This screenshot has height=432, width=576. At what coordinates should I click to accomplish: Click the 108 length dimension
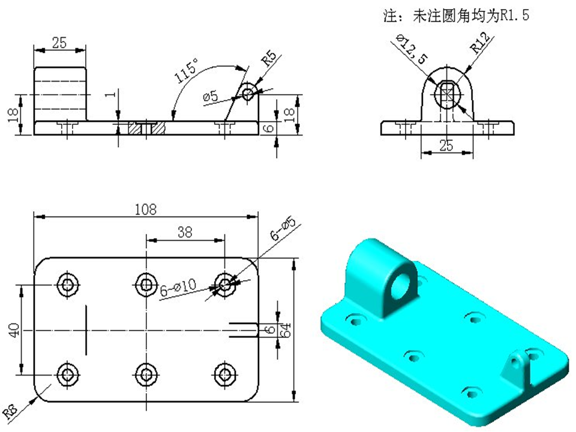146,209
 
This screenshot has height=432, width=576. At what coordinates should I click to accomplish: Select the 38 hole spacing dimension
185,232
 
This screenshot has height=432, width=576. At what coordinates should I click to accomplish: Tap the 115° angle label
187,72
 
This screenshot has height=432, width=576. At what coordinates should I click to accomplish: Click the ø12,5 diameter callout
412,49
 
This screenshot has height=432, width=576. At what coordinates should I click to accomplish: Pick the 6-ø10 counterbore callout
178,290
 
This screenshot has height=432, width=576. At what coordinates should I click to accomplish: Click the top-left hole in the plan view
66,283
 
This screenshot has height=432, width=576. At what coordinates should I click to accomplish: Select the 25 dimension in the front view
446,145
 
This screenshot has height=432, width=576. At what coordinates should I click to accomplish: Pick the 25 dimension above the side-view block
59,43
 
